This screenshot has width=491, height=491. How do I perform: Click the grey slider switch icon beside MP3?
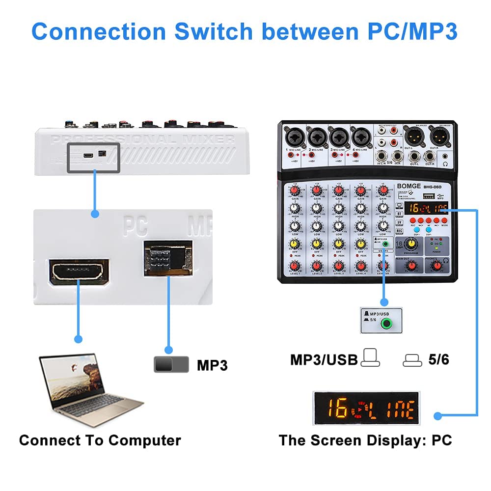171,364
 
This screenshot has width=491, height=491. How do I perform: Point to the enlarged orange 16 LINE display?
366,409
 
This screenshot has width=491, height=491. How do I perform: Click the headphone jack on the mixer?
445,158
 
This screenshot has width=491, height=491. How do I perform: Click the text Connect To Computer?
100,440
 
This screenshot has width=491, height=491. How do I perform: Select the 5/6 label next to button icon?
438,360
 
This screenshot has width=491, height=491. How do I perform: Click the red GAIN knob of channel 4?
361,190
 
